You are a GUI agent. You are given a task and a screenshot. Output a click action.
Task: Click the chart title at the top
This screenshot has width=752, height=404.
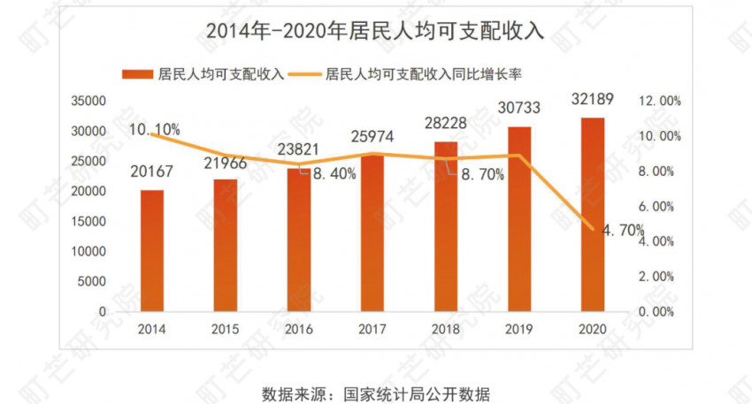point(375,30)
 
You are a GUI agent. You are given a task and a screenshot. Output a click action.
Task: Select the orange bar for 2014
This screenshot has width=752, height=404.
point(152,251)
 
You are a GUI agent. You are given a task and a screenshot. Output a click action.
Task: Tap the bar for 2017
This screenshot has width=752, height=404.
point(372,233)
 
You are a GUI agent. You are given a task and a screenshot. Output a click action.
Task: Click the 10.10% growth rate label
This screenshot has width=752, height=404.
point(154,130)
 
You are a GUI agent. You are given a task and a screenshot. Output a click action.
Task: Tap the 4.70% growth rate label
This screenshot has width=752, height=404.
point(624,231)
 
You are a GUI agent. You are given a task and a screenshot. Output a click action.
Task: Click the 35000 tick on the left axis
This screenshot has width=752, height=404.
point(88,102)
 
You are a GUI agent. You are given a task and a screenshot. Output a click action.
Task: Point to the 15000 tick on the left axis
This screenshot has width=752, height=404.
point(88,222)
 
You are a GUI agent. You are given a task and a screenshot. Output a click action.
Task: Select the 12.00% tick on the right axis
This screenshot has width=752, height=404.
point(660,102)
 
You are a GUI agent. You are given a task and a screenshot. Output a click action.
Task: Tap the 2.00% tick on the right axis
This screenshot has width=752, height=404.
point(660,276)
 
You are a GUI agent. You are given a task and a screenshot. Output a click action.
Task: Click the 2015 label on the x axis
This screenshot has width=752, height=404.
point(226,329)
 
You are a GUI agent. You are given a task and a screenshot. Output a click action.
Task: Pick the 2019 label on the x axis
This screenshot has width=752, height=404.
point(519,329)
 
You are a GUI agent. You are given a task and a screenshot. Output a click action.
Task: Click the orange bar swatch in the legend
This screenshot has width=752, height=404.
point(137,73)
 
